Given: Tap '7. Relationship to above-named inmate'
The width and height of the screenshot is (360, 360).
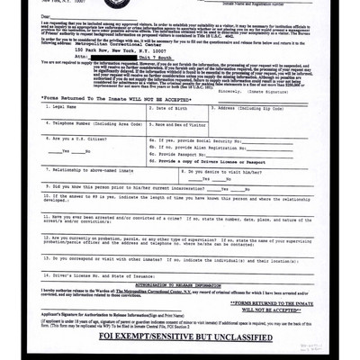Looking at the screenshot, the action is [91, 168].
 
